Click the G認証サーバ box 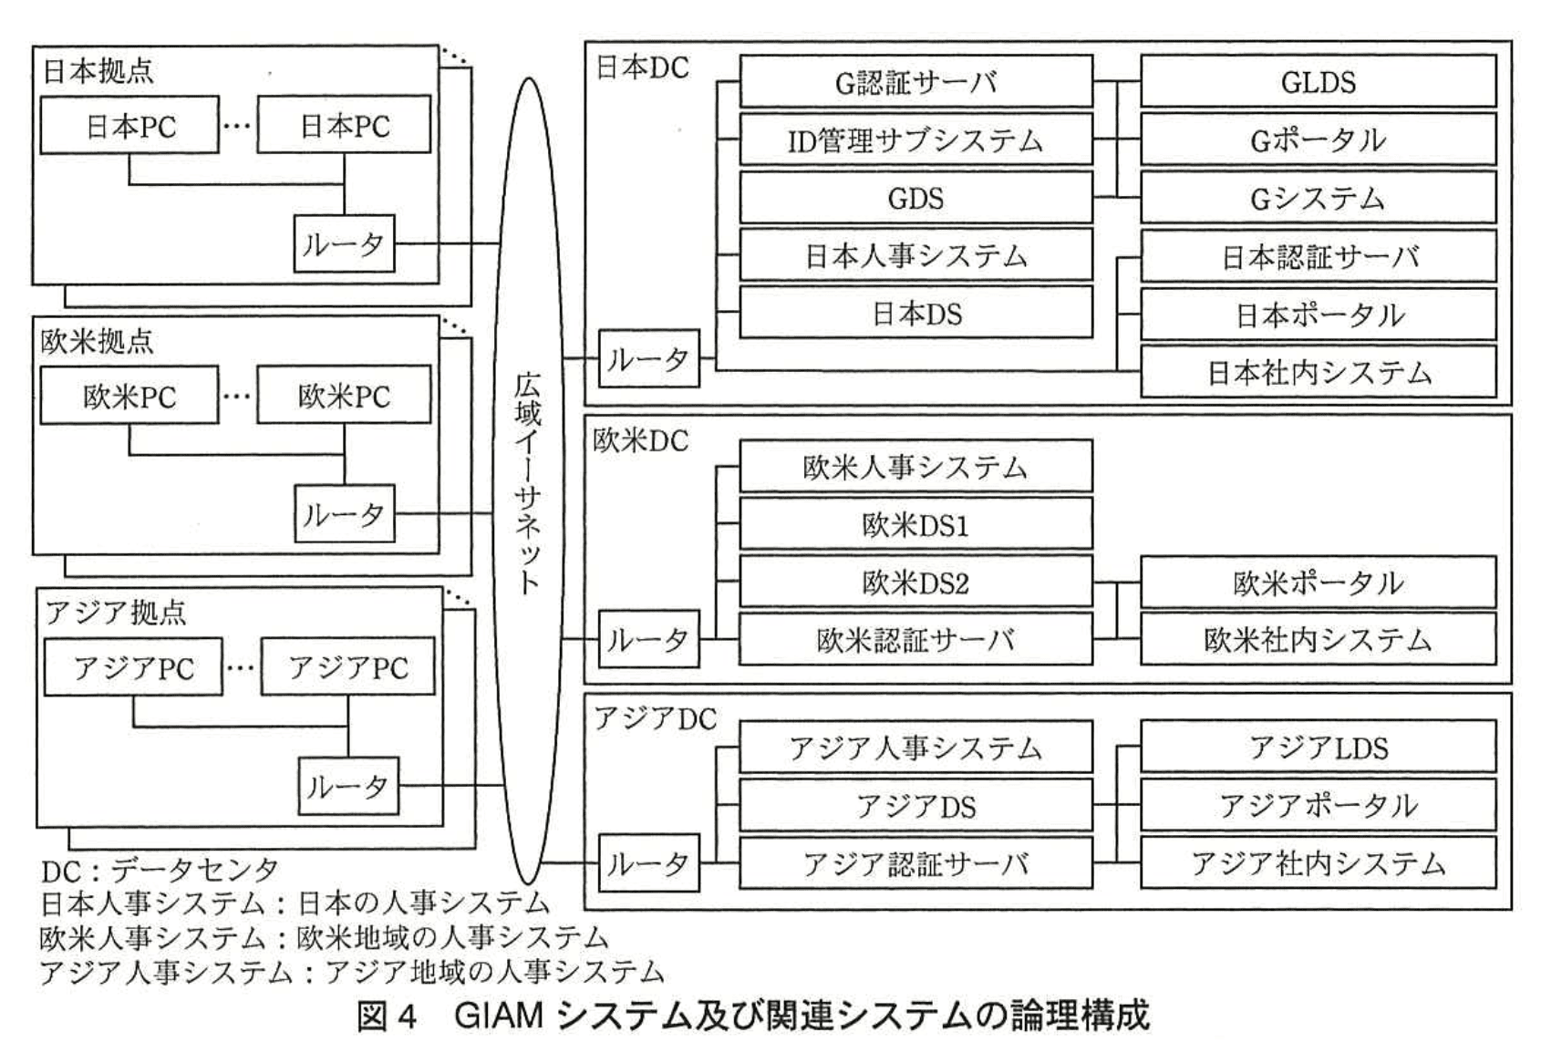tap(915, 82)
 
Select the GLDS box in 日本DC tap(1318, 82)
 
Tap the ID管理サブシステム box tap(915, 140)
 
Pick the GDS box tap(915, 198)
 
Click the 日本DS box tap(915, 314)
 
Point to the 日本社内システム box tap(1318, 372)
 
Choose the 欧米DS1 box tap(915, 525)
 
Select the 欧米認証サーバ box tap(915, 640)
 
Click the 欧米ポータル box tap(1318, 583)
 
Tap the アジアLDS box tap(1318, 748)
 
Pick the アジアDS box tap(915, 806)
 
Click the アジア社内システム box tap(1318, 863)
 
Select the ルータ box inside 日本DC tap(648, 359)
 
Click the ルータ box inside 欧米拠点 tap(344, 514)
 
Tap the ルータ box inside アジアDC tap(648, 863)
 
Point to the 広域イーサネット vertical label tap(527, 483)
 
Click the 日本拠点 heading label tap(98, 71)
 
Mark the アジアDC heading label tap(655, 719)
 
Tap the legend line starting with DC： tap(160, 871)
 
